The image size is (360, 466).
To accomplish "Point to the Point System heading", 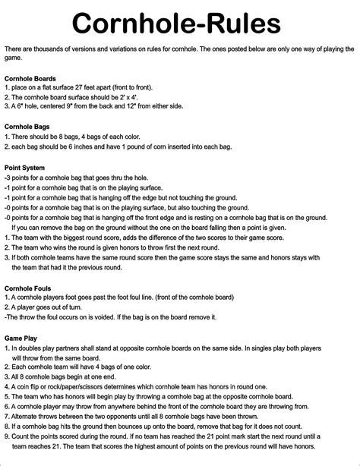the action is tap(25, 167).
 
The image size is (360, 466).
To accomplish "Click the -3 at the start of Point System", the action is tap(7, 177).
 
